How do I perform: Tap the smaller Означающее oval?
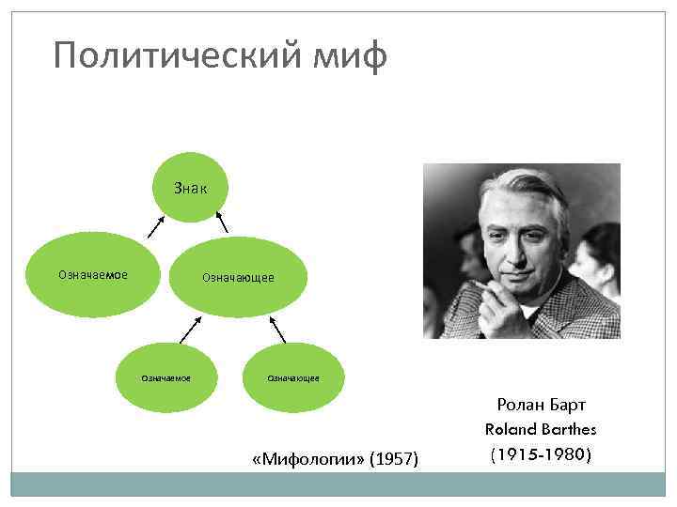point(292,377)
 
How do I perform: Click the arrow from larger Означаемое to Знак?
point(152,228)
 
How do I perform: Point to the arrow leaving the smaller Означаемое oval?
point(190,330)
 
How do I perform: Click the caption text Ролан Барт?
point(541,405)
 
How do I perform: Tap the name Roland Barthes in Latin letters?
point(541,429)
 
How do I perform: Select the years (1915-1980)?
point(541,453)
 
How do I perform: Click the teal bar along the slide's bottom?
point(338,484)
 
